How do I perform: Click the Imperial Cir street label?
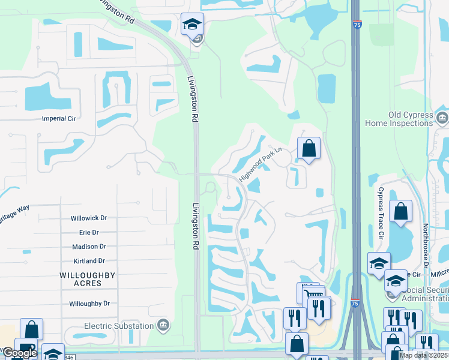[61, 118]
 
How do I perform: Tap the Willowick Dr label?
[88, 218]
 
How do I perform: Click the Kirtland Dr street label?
[87, 261]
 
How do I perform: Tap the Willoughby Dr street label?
[89, 304]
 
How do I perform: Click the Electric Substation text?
[118, 326]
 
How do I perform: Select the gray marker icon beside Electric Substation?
[162, 326]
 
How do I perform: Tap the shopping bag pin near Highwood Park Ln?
[309, 149]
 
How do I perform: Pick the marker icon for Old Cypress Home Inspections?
[442, 116]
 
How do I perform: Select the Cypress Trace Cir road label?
[380, 212]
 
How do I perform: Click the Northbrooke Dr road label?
[426, 245]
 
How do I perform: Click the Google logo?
[19, 353]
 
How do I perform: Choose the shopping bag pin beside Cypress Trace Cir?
[400, 212]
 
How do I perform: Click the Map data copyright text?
[423, 355]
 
